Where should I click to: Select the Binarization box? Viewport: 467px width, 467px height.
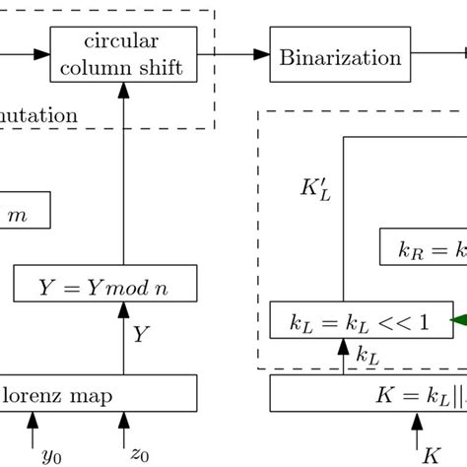point(341,57)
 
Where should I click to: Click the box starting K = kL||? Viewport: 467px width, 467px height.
point(368,397)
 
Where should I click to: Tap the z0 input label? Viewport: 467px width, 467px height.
point(138,454)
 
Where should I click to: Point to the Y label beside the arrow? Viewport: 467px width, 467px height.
point(142,335)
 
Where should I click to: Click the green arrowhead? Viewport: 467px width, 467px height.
point(457,320)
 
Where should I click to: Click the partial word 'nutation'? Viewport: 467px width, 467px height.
point(39,115)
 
